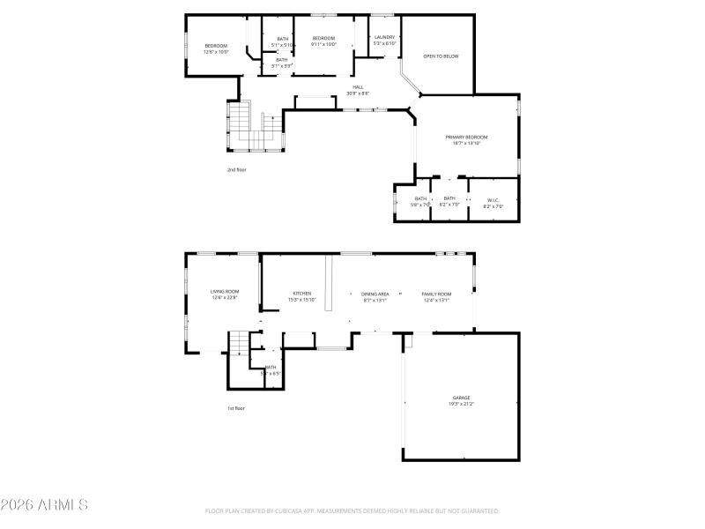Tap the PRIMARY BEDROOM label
[x=466, y=138]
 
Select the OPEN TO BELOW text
[x=441, y=56]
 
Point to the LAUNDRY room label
[x=384, y=37]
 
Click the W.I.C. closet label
[x=493, y=199]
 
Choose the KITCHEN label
[x=302, y=294]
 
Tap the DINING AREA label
[x=375, y=294]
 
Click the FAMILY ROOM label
[x=435, y=294]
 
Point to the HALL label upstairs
[x=359, y=86]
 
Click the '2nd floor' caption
[x=236, y=169]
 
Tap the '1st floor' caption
[x=236, y=408]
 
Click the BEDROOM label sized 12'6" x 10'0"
[x=216, y=46]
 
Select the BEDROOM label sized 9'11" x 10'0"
[x=323, y=39]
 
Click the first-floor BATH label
[x=271, y=367]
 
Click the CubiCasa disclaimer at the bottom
[x=352, y=510]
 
